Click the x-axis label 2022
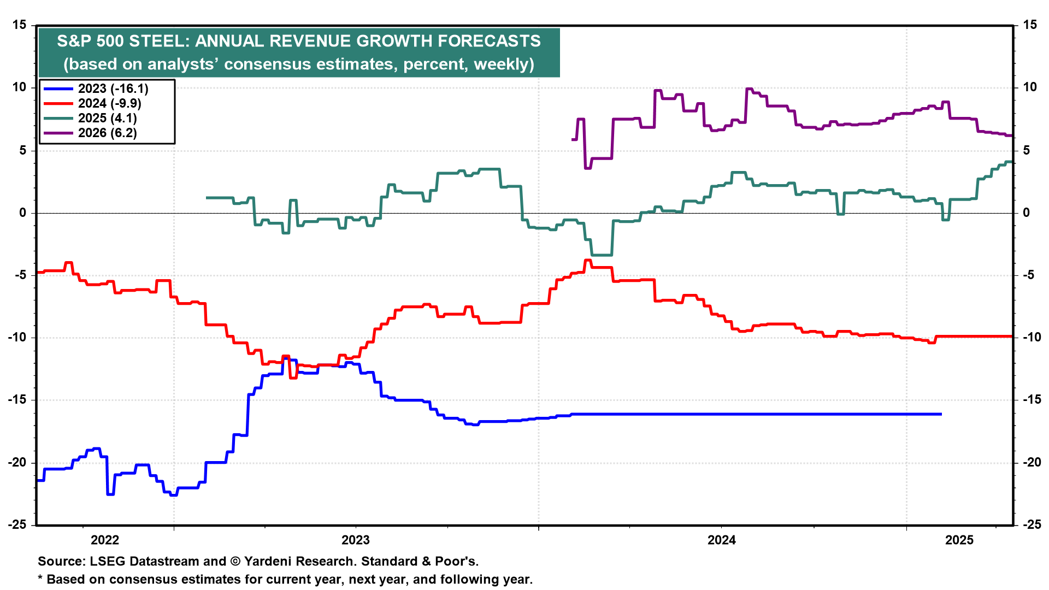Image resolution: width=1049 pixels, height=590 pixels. point(105,540)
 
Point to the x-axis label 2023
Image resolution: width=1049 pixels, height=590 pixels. point(356,540)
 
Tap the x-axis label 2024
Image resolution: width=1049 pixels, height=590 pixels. point(722,540)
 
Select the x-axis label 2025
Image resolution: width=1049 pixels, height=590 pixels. point(959,540)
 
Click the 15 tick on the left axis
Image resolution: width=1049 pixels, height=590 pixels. point(20,25)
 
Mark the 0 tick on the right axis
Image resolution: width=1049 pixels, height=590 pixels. point(1027,213)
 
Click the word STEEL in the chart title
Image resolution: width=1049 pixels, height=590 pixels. point(161,42)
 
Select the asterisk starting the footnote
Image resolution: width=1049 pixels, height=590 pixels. point(40,579)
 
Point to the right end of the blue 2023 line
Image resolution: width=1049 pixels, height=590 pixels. point(941,414)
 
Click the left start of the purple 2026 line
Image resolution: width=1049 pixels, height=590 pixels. point(573,140)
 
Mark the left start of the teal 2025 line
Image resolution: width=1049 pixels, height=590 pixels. point(207,198)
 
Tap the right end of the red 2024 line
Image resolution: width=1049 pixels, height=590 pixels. point(1012,337)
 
